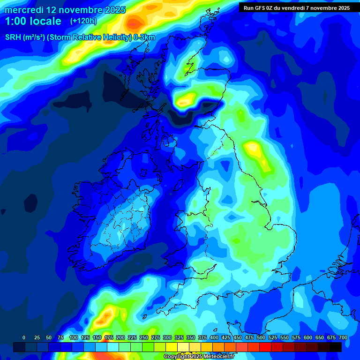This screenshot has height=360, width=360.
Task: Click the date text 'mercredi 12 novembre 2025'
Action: pyautogui.click(x=65, y=10)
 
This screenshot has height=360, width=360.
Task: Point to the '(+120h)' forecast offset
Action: pyautogui.click(x=84, y=21)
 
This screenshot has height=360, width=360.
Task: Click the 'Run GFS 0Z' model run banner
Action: pyautogui.click(x=296, y=7)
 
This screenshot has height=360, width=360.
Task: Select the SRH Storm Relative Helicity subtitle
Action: pyautogui.click(x=80, y=37)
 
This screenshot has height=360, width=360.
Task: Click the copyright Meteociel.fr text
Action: pyautogui.click(x=198, y=357)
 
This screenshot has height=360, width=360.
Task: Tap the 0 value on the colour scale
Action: pyautogui.click(x=24, y=337)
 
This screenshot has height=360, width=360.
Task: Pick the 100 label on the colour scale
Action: pyautogui.click(x=74, y=337)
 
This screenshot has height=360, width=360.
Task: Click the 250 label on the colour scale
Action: pyautogui.click(x=144, y=337)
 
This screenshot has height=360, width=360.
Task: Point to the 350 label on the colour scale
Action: pyautogui.click(x=191, y=337)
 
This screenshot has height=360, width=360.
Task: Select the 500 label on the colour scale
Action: pyautogui.click(x=261, y=337)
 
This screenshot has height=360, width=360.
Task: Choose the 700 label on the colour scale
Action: pyautogui.click(x=343, y=337)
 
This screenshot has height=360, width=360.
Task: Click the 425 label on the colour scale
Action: pyautogui.click(x=226, y=337)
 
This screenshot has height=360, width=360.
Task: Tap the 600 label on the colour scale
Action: pyautogui.click(x=308, y=337)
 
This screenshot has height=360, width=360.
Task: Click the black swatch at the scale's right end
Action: pyautogui.click(x=335, y=347)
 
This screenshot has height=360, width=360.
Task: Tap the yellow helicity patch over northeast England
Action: pyautogui.click(x=255, y=150)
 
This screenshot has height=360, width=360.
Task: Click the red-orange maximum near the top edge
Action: pyautogui.click(x=135, y=22)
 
